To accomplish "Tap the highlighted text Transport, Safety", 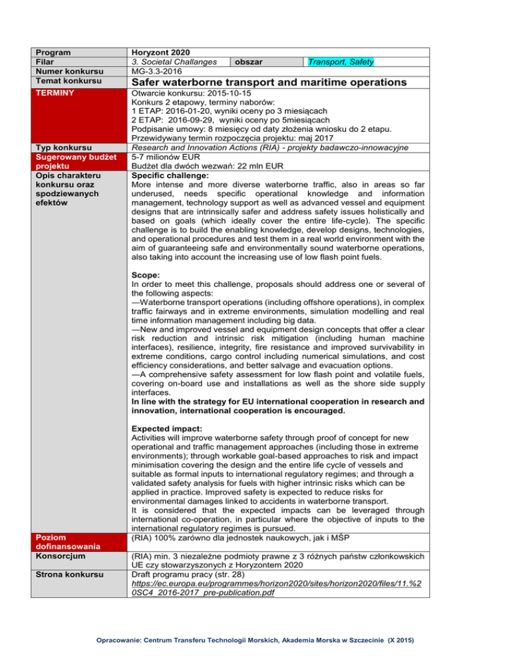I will pos(340,62).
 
